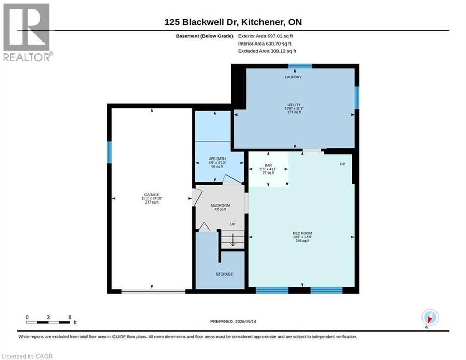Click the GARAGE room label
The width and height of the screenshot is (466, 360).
tap(152, 195)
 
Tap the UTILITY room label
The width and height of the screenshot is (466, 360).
tap(294, 105)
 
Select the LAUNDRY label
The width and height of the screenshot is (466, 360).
tap(294, 77)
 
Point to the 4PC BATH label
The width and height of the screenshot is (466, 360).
tap(217, 159)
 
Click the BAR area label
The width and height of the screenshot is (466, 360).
tap(268, 165)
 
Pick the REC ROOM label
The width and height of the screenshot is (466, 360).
tap(302, 234)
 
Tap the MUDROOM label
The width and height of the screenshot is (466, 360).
tap(220, 206)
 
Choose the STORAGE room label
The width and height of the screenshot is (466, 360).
tap(224, 274)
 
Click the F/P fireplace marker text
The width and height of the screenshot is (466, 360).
tap(342, 164)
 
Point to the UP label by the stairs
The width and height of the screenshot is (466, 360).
tap(232, 224)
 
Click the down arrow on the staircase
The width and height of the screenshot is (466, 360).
tap(232, 240)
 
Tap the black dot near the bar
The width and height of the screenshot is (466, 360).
tap(287, 184)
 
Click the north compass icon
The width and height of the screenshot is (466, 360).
tap(430, 317)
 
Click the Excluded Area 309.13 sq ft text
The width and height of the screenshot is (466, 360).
tap(267, 51)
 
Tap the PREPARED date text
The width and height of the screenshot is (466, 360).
tap(233, 321)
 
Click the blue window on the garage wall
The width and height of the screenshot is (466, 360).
tap(109, 152)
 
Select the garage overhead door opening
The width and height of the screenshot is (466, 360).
tap(153, 292)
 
